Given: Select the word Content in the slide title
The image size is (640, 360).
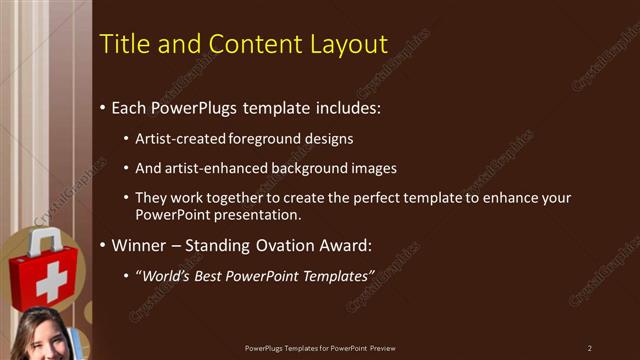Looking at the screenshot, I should [245, 44].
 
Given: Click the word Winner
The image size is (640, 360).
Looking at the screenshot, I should [139, 244].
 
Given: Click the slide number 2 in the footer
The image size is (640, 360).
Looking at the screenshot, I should [589, 348].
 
